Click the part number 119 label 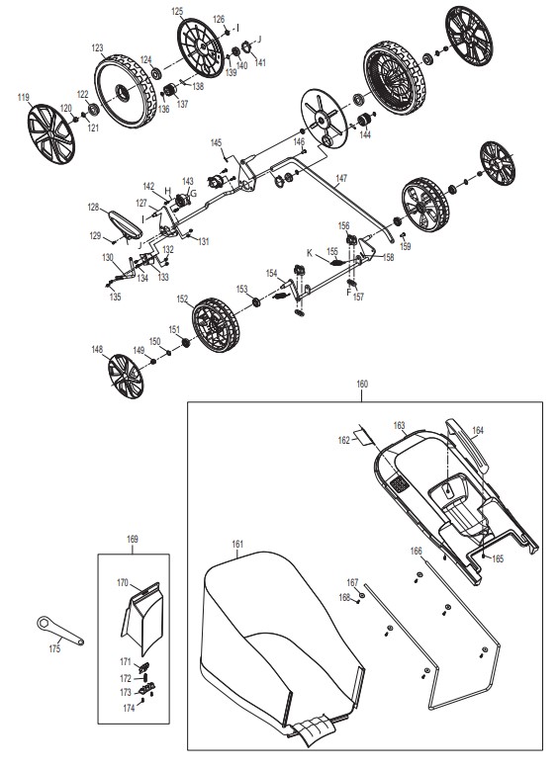tap(24, 98)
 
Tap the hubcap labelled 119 tap(51, 133)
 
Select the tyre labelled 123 tap(122, 91)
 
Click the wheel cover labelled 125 tap(200, 47)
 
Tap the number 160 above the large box tap(362, 385)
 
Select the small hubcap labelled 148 tap(126, 377)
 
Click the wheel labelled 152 tap(216, 324)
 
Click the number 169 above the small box tap(133, 539)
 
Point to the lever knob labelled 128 tap(125, 224)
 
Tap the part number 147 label tap(341, 178)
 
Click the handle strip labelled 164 tap(467, 444)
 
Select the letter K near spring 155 tap(310, 253)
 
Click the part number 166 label tap(416, 552)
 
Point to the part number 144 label tap(365, 135)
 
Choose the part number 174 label tap(129, 708)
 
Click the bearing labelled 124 tap(157, 74)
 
